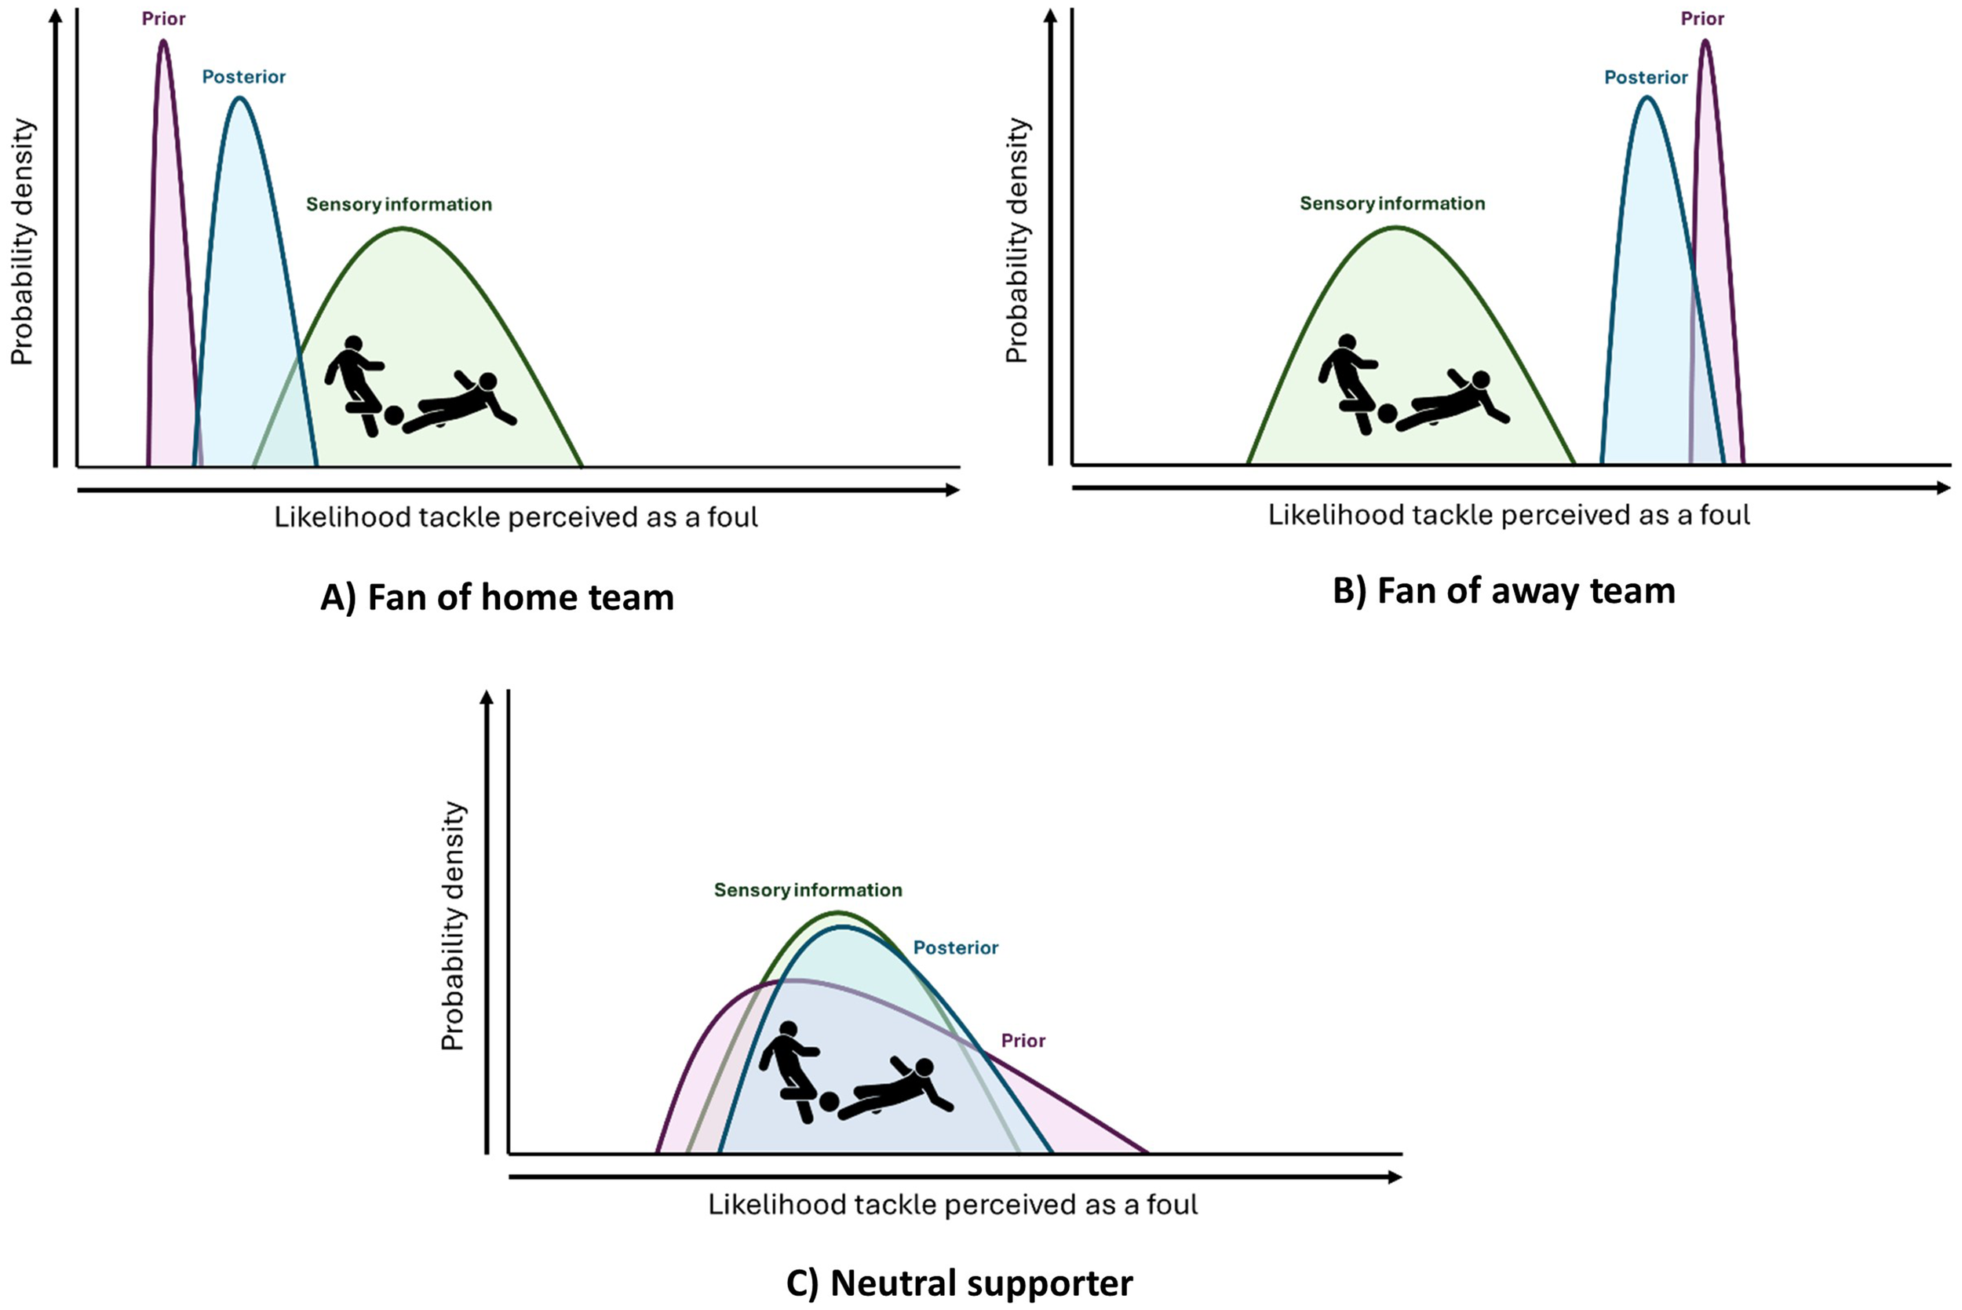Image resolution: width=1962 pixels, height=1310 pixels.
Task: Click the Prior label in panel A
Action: coord(163,18)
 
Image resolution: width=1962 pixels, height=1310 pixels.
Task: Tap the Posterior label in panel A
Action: coord(244,77)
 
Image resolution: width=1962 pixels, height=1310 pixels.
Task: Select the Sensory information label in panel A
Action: coord(399,205)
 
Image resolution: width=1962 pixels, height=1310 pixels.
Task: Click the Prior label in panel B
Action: coord(1702,18)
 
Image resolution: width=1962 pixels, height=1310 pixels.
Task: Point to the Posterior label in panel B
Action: coord(1646,78)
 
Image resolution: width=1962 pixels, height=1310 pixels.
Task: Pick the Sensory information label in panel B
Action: coord(1392,204)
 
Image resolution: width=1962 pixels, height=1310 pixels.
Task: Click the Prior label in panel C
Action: coord(1023,1041)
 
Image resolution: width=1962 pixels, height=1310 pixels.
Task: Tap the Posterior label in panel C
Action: coord(956,947)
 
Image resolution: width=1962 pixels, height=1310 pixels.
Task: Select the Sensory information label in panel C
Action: coord(808,890)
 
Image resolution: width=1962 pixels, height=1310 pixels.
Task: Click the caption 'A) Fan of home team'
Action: coord(497,598)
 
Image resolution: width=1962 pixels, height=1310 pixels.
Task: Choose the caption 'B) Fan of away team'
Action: coord(1504,591)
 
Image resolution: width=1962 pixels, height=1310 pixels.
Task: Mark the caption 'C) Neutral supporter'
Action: coord(960,1283)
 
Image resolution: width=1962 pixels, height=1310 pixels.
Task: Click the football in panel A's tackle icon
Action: coord(393,415)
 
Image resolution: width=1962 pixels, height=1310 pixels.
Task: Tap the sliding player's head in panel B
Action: coord(1481,380)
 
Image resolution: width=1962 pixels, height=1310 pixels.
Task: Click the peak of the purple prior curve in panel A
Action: coord(163,41)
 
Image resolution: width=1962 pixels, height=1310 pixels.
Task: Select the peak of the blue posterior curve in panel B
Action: coord(1647,98)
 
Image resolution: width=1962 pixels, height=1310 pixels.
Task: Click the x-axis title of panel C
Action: coord(953,1204)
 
